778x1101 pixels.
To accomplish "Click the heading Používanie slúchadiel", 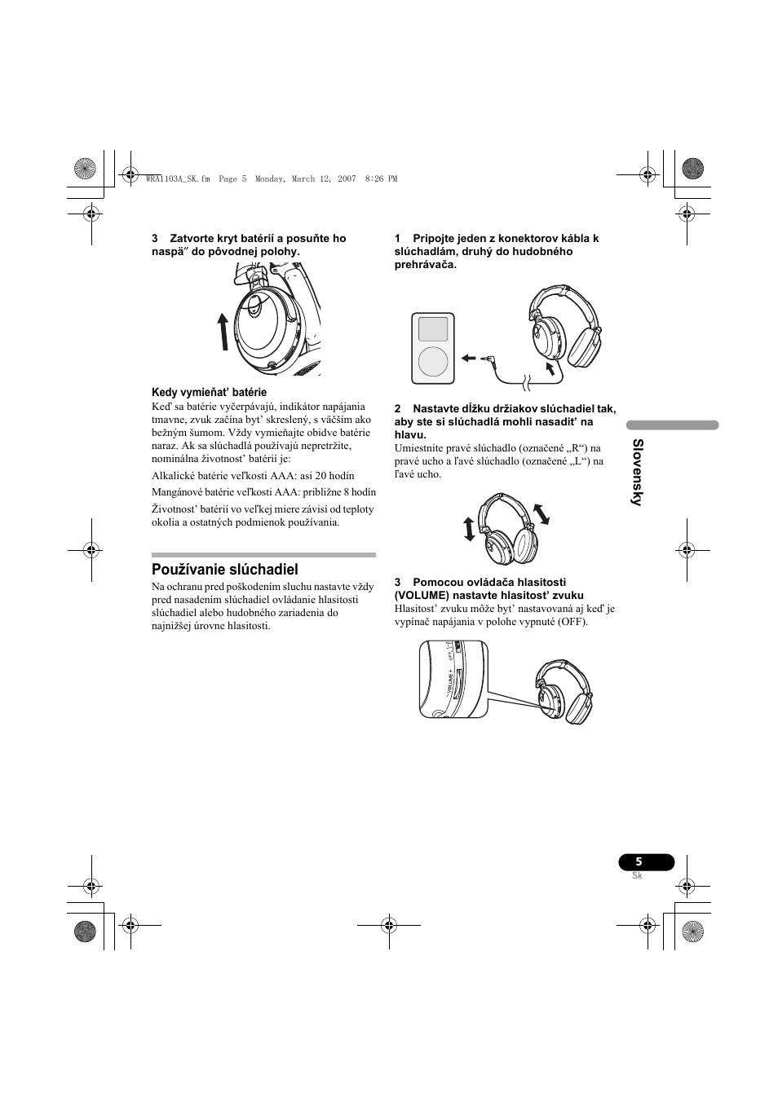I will tap(224, 569).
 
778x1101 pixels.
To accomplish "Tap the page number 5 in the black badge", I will tap(639, 862).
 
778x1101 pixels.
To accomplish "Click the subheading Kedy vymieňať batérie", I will tap(209, 392).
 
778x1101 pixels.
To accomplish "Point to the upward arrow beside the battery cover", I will tap(223, 332).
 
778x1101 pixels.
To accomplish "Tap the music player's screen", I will tap(433, 329).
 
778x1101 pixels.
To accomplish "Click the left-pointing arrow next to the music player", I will tap(468, 357).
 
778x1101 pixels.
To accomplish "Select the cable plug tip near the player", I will tap(487, 357).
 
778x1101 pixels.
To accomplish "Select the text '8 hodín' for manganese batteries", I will tap(357, 491).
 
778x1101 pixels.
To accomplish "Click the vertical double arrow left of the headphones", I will tap(469, 528).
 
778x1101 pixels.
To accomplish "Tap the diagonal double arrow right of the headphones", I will tap(541, 513).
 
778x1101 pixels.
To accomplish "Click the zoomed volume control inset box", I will tap(453, 679).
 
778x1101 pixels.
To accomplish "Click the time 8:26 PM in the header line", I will tap(381, 179).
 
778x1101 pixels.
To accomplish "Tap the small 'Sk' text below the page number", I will tap(637, 876).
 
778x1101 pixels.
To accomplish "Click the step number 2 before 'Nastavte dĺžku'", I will tap(398, 408).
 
